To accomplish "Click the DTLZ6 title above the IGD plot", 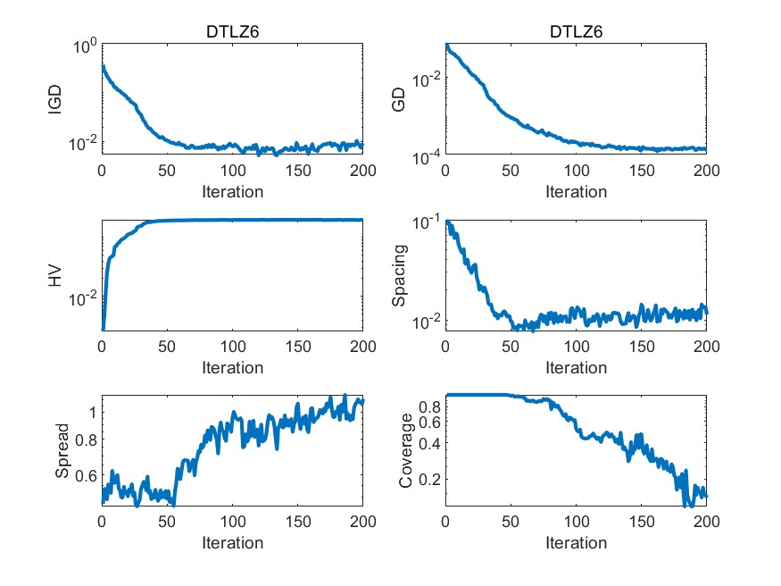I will (x=232, y=32).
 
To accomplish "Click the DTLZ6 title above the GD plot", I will (x=576, y=32).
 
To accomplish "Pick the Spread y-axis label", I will (x=62, y=451).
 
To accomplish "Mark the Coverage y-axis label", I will (x=406, y=451).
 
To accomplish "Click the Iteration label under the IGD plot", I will (x=232, y=191).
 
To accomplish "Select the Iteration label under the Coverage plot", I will (x=576, y=542).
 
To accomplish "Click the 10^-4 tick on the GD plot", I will (x=425, y=157).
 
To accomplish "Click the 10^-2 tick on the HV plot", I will (x=82, y=300).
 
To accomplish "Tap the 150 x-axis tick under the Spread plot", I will (x=297, y=523).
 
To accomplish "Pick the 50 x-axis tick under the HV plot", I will (x=167, y=347).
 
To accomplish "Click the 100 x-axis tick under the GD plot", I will (x=576, y=171).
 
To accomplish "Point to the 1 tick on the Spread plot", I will (x=91, y=412).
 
